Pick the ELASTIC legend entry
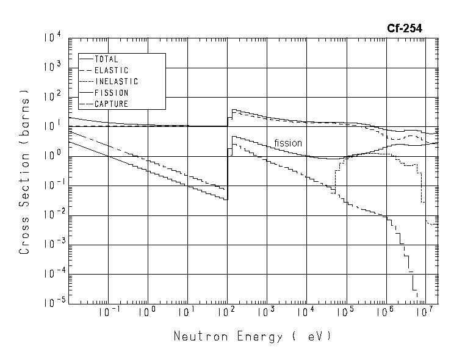coord(111,71)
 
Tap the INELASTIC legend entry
coord(117,82)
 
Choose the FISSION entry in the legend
coord(111,93)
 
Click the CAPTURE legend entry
coord(111,104)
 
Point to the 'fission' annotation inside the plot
coord(288,143)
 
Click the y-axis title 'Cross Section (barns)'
coord(25,174)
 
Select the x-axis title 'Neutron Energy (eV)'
coord(252,336)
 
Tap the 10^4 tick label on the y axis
coord(52,38)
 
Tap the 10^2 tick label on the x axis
coord(227,312)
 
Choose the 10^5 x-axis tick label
coord(346,312)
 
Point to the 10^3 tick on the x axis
coord(267,312)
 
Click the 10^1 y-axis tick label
coord(52,126)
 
